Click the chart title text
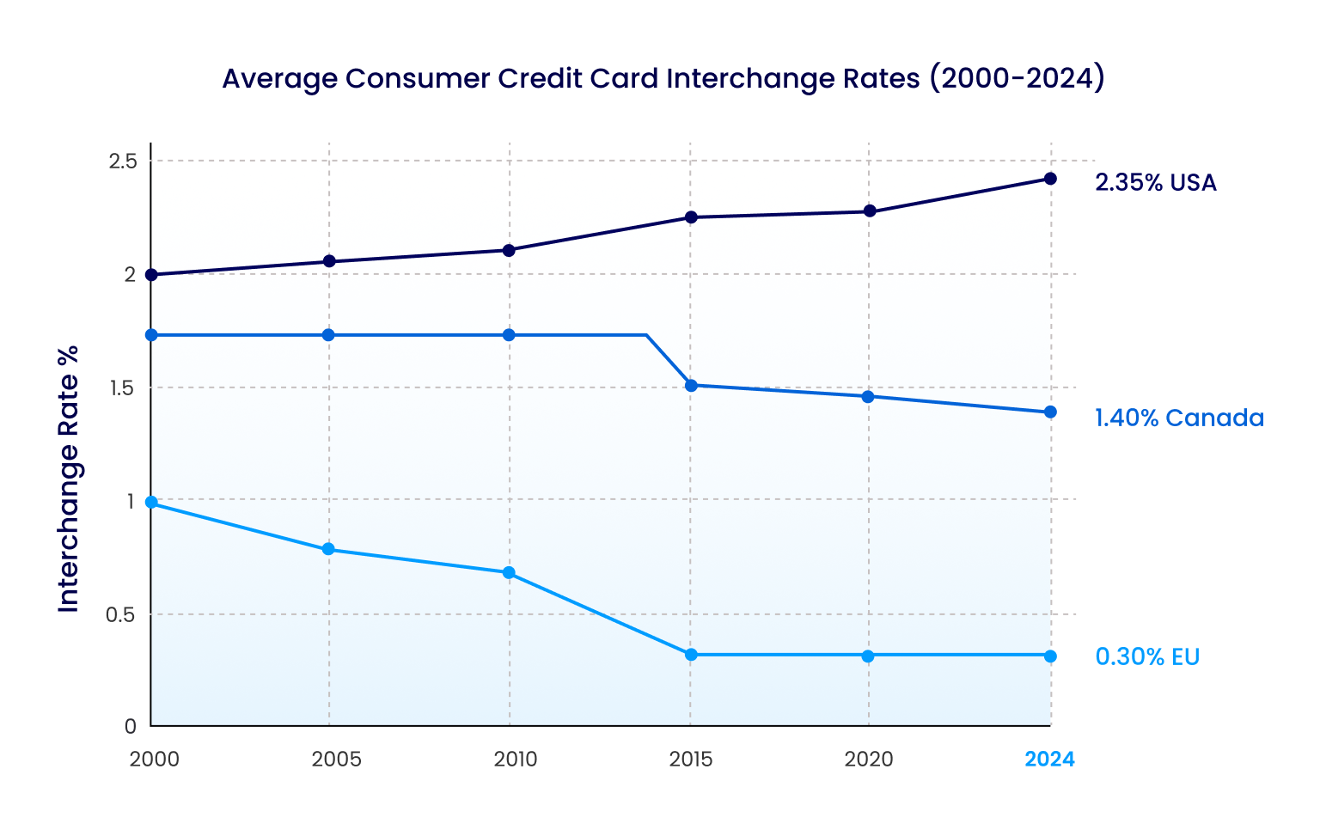pyautogui.click(x=663, y=79)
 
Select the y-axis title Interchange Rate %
pyautogui.click(x=69, y=479)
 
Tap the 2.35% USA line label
pyautogui.click(x=1155, y=183)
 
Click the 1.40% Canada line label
pyautogui.click(x=1179, y=418)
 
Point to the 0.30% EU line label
pyautogui.click(x=1147, y=657)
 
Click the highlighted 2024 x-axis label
pyautogui.click(x=1049, y=760)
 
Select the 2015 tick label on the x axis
pyautogui.click(x=691, y=760)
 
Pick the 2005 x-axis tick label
pyautogui.click(x=336, y=760)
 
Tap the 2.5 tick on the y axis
pyautogui.click(x=123, y=162)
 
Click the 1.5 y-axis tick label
pyautogui.click(x=123, y=388)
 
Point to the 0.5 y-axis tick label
pyautogui.click(x=121, y=615)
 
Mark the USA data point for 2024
pyautogui.click(x=1050, y=179)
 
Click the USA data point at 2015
pyautogui.click(x=691, y=217)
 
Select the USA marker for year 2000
pyautogui.click(x=151, y=275)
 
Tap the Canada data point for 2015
pyautogui.click(x=691, y=386)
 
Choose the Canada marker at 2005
pyautogui.click(x=328, y=335)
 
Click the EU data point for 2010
pyautogui.click(x=509, y=573)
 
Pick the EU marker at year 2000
pyautogui.click(x=151, y=503)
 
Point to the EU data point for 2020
pyautogui.click(x=868, y=656)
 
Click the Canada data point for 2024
pyautogui.click(x=1050, y=412)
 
